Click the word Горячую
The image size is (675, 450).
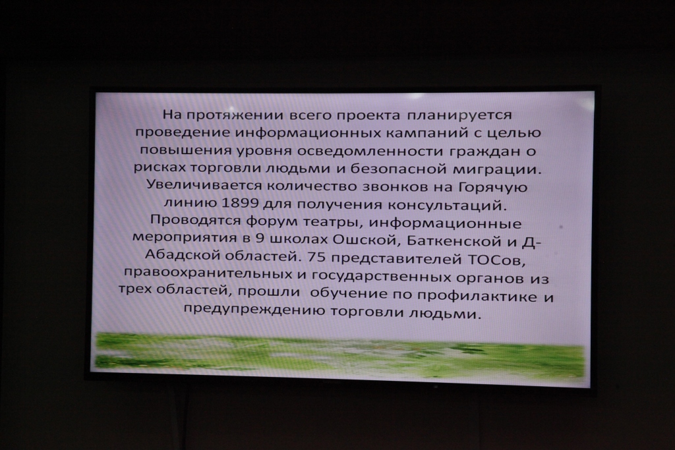pos(492,188)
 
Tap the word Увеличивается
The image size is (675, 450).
pos(204,185)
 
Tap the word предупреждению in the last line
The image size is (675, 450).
pos(254,310)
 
